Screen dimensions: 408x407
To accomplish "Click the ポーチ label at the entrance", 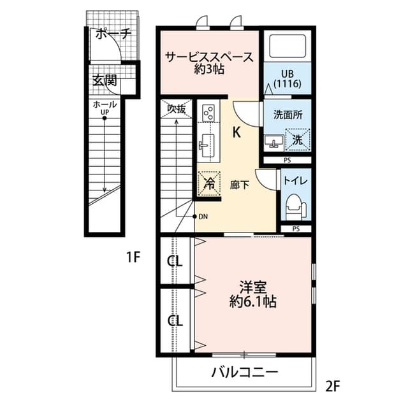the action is [x=113, y=34].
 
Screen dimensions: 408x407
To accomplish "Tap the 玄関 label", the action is [x=105, y=80].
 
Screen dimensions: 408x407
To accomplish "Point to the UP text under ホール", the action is [x=105, y=112].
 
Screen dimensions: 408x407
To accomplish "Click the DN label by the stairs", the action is [x=203, y=217].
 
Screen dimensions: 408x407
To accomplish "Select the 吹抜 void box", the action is [x=177, y=109].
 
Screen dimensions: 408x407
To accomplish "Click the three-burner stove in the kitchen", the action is [x=209, y=113].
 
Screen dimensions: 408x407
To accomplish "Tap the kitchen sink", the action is [x=207, y=146].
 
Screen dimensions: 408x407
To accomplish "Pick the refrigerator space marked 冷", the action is [x=209, y=183].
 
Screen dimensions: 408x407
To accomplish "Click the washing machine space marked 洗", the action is [x=298, y=140].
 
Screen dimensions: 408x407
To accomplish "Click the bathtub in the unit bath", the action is [x=288, y=46].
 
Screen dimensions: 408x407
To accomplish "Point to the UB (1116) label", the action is [x=288, y=78].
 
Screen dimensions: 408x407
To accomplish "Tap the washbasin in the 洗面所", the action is [x=273, y=141].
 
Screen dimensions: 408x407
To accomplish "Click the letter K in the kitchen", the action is [x=237, y=132].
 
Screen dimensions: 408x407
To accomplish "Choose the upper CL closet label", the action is [x=175, y=261].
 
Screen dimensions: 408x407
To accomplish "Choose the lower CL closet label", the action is [x=175, y=320].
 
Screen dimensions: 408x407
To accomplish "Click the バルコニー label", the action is [x=245, y=373].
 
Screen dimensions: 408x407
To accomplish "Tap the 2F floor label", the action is [x=333, y=387].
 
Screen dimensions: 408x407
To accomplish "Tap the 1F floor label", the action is [x=133, y=257].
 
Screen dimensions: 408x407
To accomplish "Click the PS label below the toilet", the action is [x=296, y=229].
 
